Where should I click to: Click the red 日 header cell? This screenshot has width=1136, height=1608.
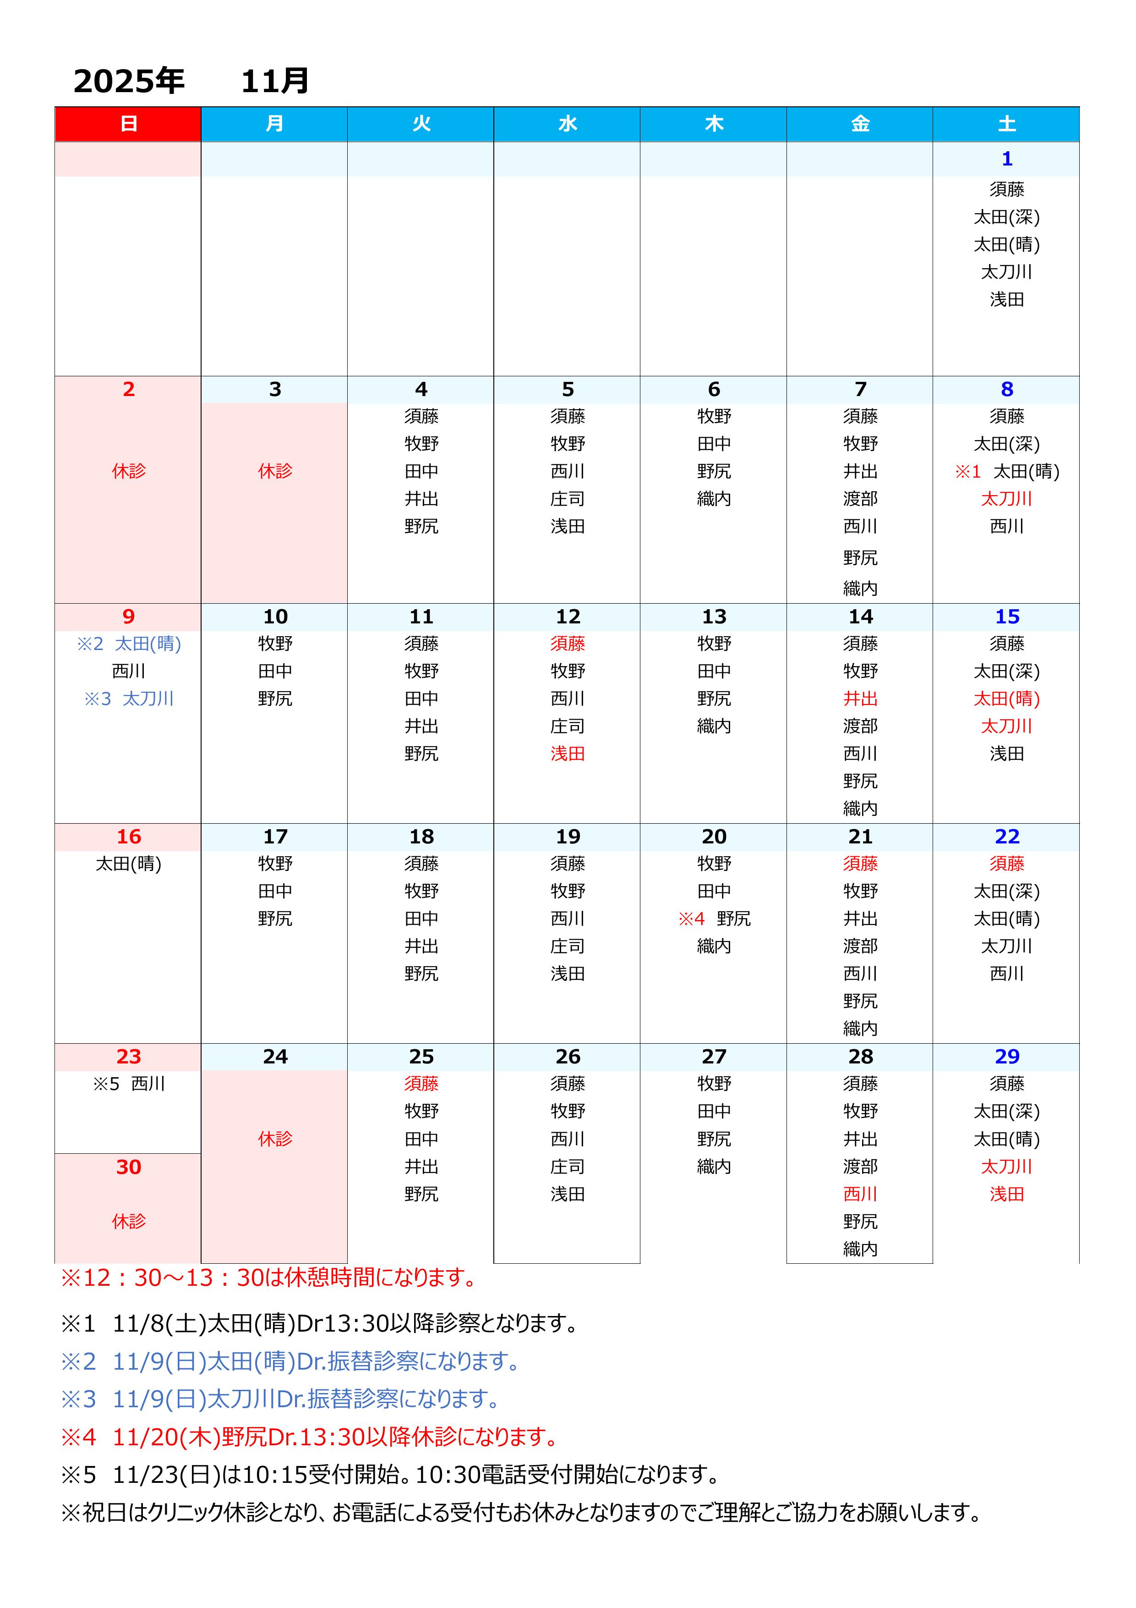click(128, 124)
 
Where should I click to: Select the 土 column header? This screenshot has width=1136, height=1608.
click(1006, 124)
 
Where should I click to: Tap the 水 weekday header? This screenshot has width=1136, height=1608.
click(567, 124)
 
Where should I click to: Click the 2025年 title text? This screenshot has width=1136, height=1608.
click(129, 81)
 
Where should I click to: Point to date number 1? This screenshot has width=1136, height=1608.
click(1006, 159)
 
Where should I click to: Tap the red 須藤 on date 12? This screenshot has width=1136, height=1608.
click(567, 643)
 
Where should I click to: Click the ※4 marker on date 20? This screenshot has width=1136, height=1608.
click(691, 918)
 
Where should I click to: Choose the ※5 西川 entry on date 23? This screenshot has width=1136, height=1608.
click(129, 1084)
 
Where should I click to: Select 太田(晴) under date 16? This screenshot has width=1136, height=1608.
click(129, 864)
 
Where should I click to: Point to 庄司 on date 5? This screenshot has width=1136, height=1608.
click(567, 499)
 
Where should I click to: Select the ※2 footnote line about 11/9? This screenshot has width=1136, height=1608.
click(290, 1361)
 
